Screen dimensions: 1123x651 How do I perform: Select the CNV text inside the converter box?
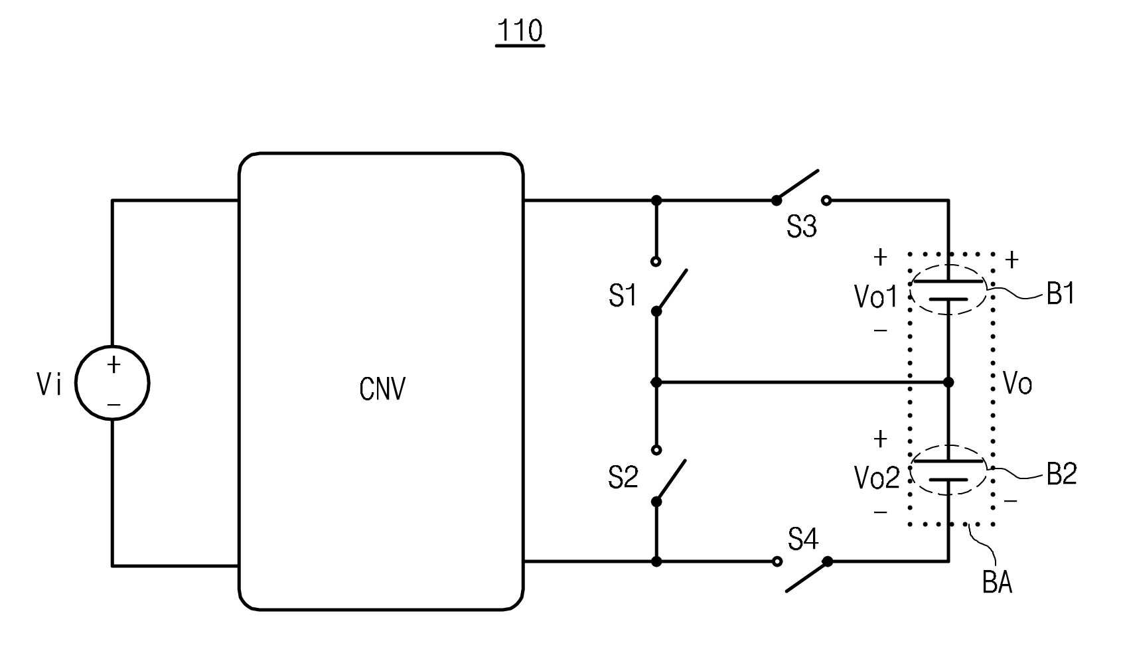(382, 389)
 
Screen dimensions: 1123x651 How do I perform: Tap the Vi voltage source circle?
(112, 382)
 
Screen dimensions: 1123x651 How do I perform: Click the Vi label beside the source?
(49, 384)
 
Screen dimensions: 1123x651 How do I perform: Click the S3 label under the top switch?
(801, 226)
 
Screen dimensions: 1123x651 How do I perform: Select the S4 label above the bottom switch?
(803, 540)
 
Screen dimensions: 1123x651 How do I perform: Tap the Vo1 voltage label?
(875, 296)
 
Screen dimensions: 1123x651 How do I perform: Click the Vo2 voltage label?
(877, 477)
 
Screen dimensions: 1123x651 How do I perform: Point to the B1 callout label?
(1061, 293)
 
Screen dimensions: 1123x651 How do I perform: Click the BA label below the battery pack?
(997, 583)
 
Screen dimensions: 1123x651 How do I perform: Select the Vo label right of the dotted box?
(1017, 384)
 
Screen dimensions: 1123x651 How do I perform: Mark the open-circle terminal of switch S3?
(826, 201)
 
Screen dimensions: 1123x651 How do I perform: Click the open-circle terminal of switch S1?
(656, 261)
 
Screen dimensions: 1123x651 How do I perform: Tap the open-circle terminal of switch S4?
(777, 562)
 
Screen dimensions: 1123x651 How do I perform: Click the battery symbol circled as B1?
(948, 290)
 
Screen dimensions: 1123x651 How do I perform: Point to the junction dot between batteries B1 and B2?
(948, 382)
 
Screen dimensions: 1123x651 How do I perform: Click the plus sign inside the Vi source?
(113, 364)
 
